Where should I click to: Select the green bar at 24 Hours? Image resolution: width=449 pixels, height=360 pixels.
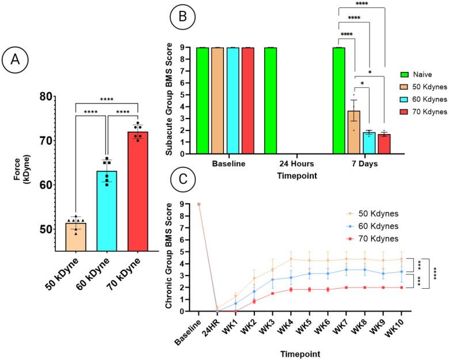tap(271, 101)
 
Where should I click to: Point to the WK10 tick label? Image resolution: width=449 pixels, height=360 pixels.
tap(403, 327)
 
